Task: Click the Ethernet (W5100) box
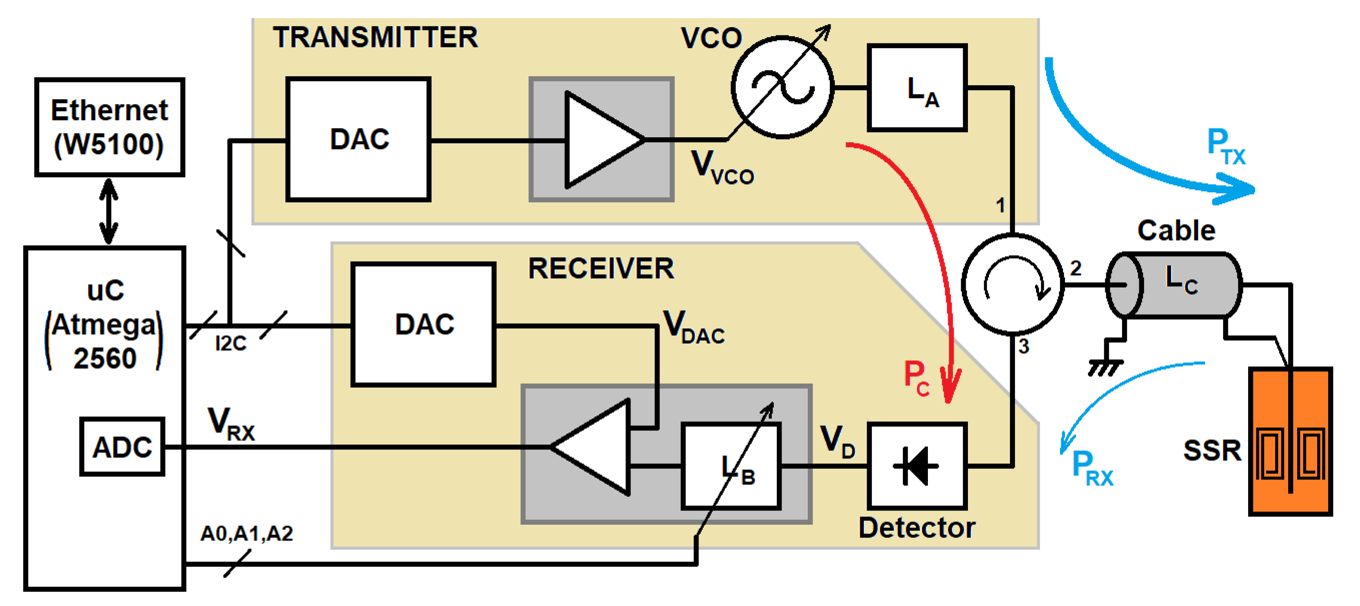point(109,127)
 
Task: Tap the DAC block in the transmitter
point(359,139)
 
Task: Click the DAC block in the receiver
point(423,324)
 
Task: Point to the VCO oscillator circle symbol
point(782,88)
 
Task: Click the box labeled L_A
point(917,88)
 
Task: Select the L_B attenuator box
point(731,466)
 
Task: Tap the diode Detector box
point(917,466)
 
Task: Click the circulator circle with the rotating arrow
point(1012,284)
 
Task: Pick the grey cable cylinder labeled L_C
point(1174,285)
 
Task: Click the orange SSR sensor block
point(1290,441)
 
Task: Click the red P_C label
point(916,377)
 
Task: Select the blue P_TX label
point(1225,147)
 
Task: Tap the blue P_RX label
point(1091,468)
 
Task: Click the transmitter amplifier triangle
point(599,140)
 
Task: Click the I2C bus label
point(231,343)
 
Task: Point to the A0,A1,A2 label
point(247,534)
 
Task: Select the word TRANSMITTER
point(375,37)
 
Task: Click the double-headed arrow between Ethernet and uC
point(109,211)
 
